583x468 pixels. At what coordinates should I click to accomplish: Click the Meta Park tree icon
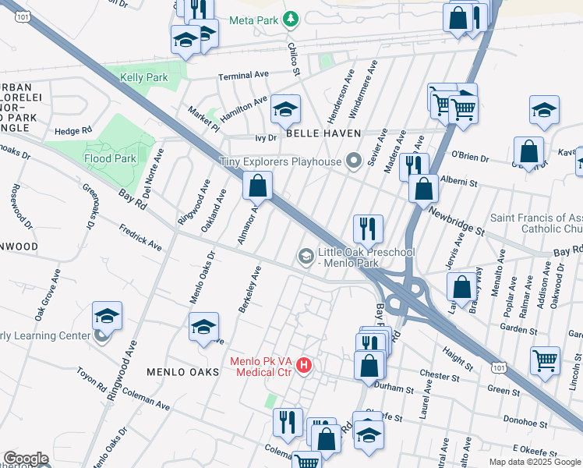(291, 17)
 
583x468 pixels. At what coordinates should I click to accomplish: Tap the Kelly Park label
(145, 78)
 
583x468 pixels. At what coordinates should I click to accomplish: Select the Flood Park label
(111, 158)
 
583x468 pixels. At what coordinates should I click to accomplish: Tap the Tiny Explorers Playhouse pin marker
(355, 161)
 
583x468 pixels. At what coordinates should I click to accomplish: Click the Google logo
(26, 459)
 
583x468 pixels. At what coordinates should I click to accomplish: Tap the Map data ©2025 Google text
(534, 462)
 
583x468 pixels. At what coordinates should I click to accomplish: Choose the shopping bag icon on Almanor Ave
(256, 186)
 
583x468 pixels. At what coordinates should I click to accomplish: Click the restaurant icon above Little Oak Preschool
(367, 229)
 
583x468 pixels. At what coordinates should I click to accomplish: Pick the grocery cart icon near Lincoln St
(545, 360)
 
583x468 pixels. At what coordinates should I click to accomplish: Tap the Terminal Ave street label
(242, 76)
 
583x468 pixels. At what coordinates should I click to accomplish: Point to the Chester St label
(439, 376)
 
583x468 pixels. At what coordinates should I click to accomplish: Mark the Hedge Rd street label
(74, 130)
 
